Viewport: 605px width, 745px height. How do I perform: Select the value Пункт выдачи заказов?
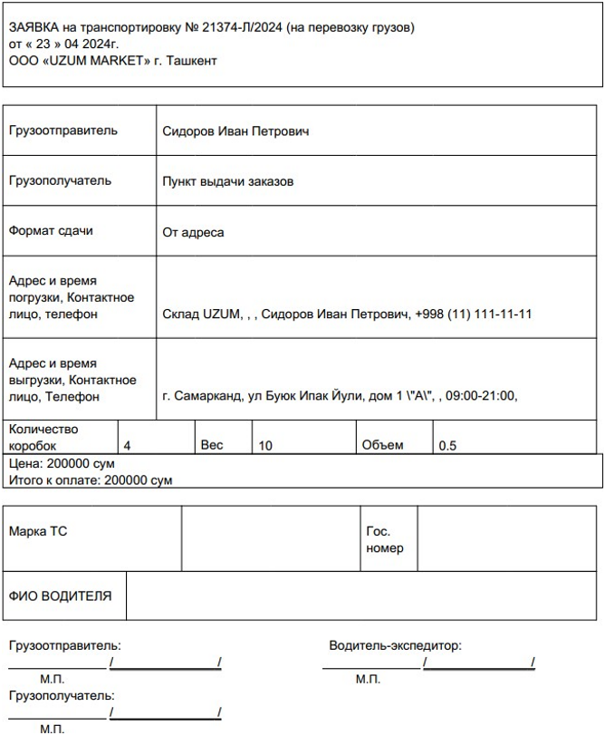click(227, 181)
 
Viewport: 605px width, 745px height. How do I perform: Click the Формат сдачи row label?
click(51, 231)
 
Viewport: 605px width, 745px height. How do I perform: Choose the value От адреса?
click(193, 232)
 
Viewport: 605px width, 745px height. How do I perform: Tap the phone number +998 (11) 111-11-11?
click(473, 314)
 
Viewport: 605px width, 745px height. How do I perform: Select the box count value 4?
click(127, 446)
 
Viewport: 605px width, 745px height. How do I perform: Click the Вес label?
click(211, 446)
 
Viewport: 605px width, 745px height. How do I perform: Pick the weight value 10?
click(265, 446)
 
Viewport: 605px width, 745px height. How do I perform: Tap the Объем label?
click(382, 446)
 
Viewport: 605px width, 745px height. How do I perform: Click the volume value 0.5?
click(447, 446)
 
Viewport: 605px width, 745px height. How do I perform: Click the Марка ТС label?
click(38, 532)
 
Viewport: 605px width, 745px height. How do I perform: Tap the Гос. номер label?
click(384, 540)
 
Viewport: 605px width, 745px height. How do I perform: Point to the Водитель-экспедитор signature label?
click(395, 646)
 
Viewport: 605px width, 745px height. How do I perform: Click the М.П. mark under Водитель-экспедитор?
click(368, 679)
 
